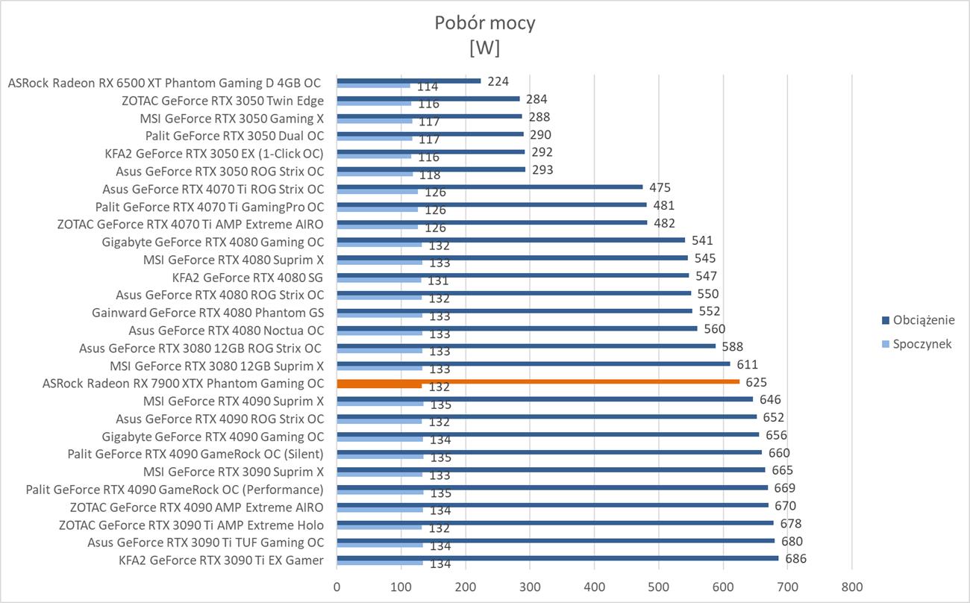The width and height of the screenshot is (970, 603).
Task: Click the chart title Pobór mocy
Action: [x=484, y=23]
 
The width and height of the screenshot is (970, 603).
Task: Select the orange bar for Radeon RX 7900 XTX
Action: [x=537, y=381]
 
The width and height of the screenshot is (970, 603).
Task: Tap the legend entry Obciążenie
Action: [x=918, y=320]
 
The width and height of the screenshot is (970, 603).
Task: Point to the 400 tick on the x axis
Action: [x=594, y=586]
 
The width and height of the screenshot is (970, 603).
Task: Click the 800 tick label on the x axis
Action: [x=851, y=586]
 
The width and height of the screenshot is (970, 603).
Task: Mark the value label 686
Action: [x=796, y=558]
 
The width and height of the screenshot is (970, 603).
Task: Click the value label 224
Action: [x=497, y=81]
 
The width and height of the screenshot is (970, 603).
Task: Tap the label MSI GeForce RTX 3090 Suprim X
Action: [x=234, y=472]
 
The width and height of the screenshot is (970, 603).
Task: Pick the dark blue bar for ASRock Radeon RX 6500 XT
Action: [x=409, y=81]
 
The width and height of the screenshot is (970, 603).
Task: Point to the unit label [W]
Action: [x=484, y=47]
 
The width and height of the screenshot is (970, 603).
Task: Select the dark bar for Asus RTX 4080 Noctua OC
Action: [x=516, y=328]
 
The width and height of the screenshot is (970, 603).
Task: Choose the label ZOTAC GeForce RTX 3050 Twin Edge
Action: [x=222, y=100]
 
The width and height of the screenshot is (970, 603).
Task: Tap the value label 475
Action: [x=660, y=187]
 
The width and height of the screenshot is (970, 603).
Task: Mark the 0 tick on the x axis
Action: [x=337, y=586]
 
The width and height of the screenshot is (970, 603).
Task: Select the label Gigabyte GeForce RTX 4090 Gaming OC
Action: [x=213, y=437]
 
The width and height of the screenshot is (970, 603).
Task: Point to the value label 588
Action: [x=732, y=346]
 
